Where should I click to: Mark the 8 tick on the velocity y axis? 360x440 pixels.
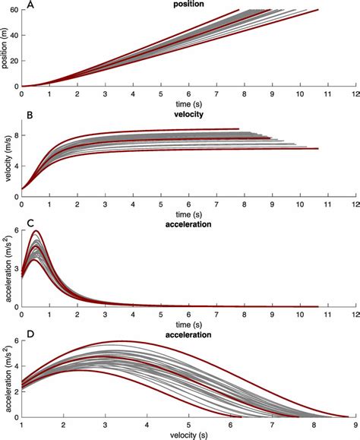(x=15, y=135)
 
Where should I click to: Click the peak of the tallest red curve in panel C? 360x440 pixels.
(x=35, y=230)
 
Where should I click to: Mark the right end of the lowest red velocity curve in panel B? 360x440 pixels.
(x=317, y=149)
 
